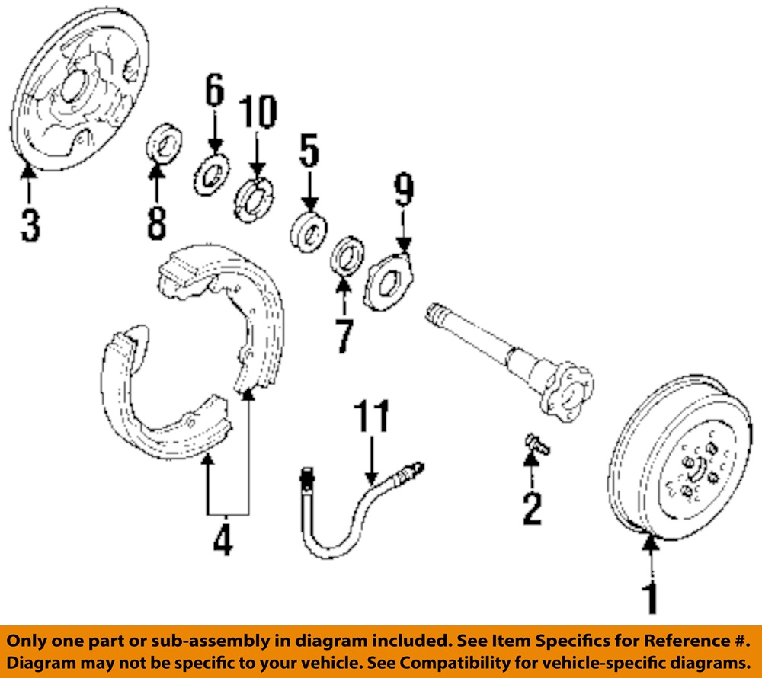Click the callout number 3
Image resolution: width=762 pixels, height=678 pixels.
(x=30, y=225)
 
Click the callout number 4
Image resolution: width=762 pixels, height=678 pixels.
(x=223, y=539)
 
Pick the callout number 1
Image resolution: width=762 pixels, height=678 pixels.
(x=650, y=598)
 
